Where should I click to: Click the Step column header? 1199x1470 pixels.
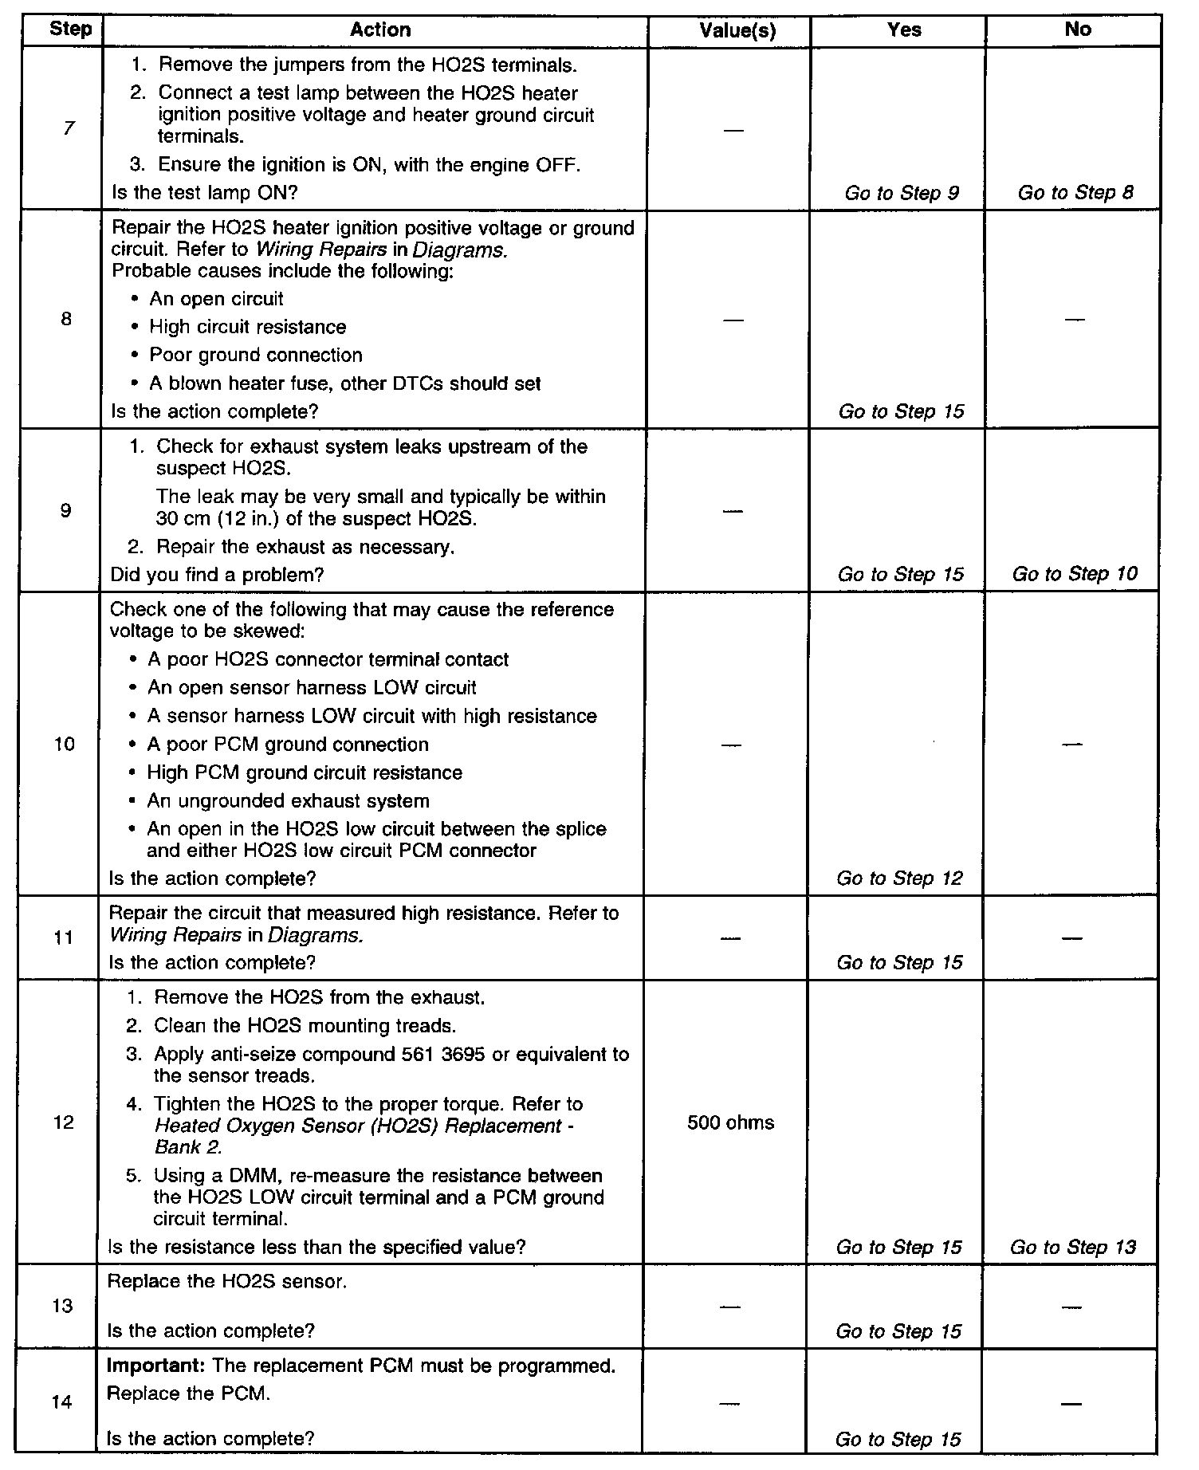point(70,30)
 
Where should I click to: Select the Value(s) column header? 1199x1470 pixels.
point(737,31)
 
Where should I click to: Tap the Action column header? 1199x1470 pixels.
point(380,30)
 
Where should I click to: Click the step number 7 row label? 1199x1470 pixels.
point(69,128)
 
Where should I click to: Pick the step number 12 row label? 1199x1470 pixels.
point(64,1122)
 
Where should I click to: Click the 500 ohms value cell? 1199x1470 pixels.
point(730,1122)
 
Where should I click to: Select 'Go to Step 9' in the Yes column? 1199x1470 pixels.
point(902,193)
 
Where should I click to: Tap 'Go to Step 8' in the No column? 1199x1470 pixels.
point(1075,193)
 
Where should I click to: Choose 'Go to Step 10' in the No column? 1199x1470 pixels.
point(1075,574)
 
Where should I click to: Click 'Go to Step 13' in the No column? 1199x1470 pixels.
point(1073,1247)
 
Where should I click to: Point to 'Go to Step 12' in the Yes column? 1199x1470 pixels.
point(899,878)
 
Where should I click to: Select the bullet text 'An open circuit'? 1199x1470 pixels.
point(216,299)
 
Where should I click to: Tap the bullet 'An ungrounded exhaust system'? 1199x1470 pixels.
point(288,801)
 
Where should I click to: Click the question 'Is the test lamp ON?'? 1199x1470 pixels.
point(205,192)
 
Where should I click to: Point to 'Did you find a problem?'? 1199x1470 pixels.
point(217,575)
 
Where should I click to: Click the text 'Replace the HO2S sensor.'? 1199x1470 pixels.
point(226,1281)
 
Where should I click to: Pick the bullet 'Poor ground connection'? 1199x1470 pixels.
point(255,356)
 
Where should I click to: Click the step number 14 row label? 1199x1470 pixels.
point(62,1401)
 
